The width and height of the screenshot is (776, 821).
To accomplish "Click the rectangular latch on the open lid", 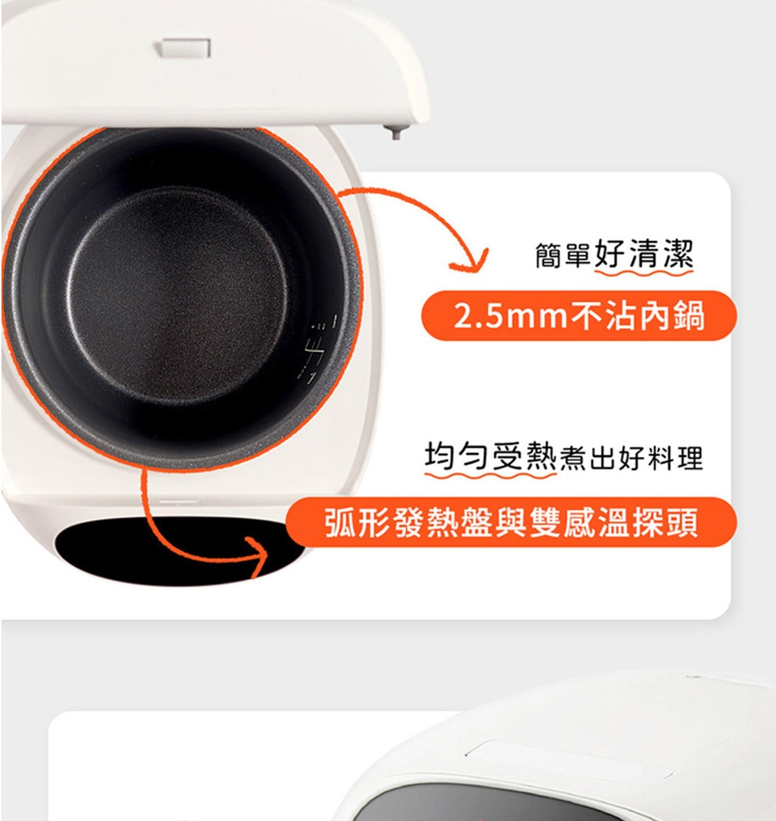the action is pos(185,49).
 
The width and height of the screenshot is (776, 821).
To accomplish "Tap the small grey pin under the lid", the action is pos(395,131).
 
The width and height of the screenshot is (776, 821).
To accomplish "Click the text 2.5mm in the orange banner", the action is pos(511,316).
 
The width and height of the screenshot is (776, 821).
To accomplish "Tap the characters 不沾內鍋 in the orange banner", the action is pos(637,316).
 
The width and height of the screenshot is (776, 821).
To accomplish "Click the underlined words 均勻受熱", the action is pos(490,456).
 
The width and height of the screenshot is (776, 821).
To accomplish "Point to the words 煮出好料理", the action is pos(631,458).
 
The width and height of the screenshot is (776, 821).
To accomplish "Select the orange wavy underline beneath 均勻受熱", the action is pos(490,475).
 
